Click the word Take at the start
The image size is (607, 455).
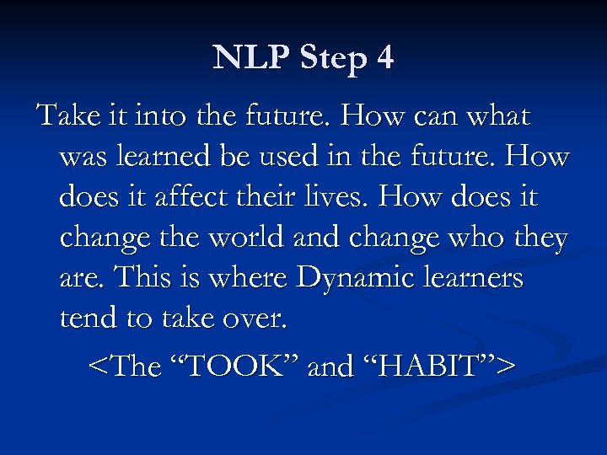point(65,115)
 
